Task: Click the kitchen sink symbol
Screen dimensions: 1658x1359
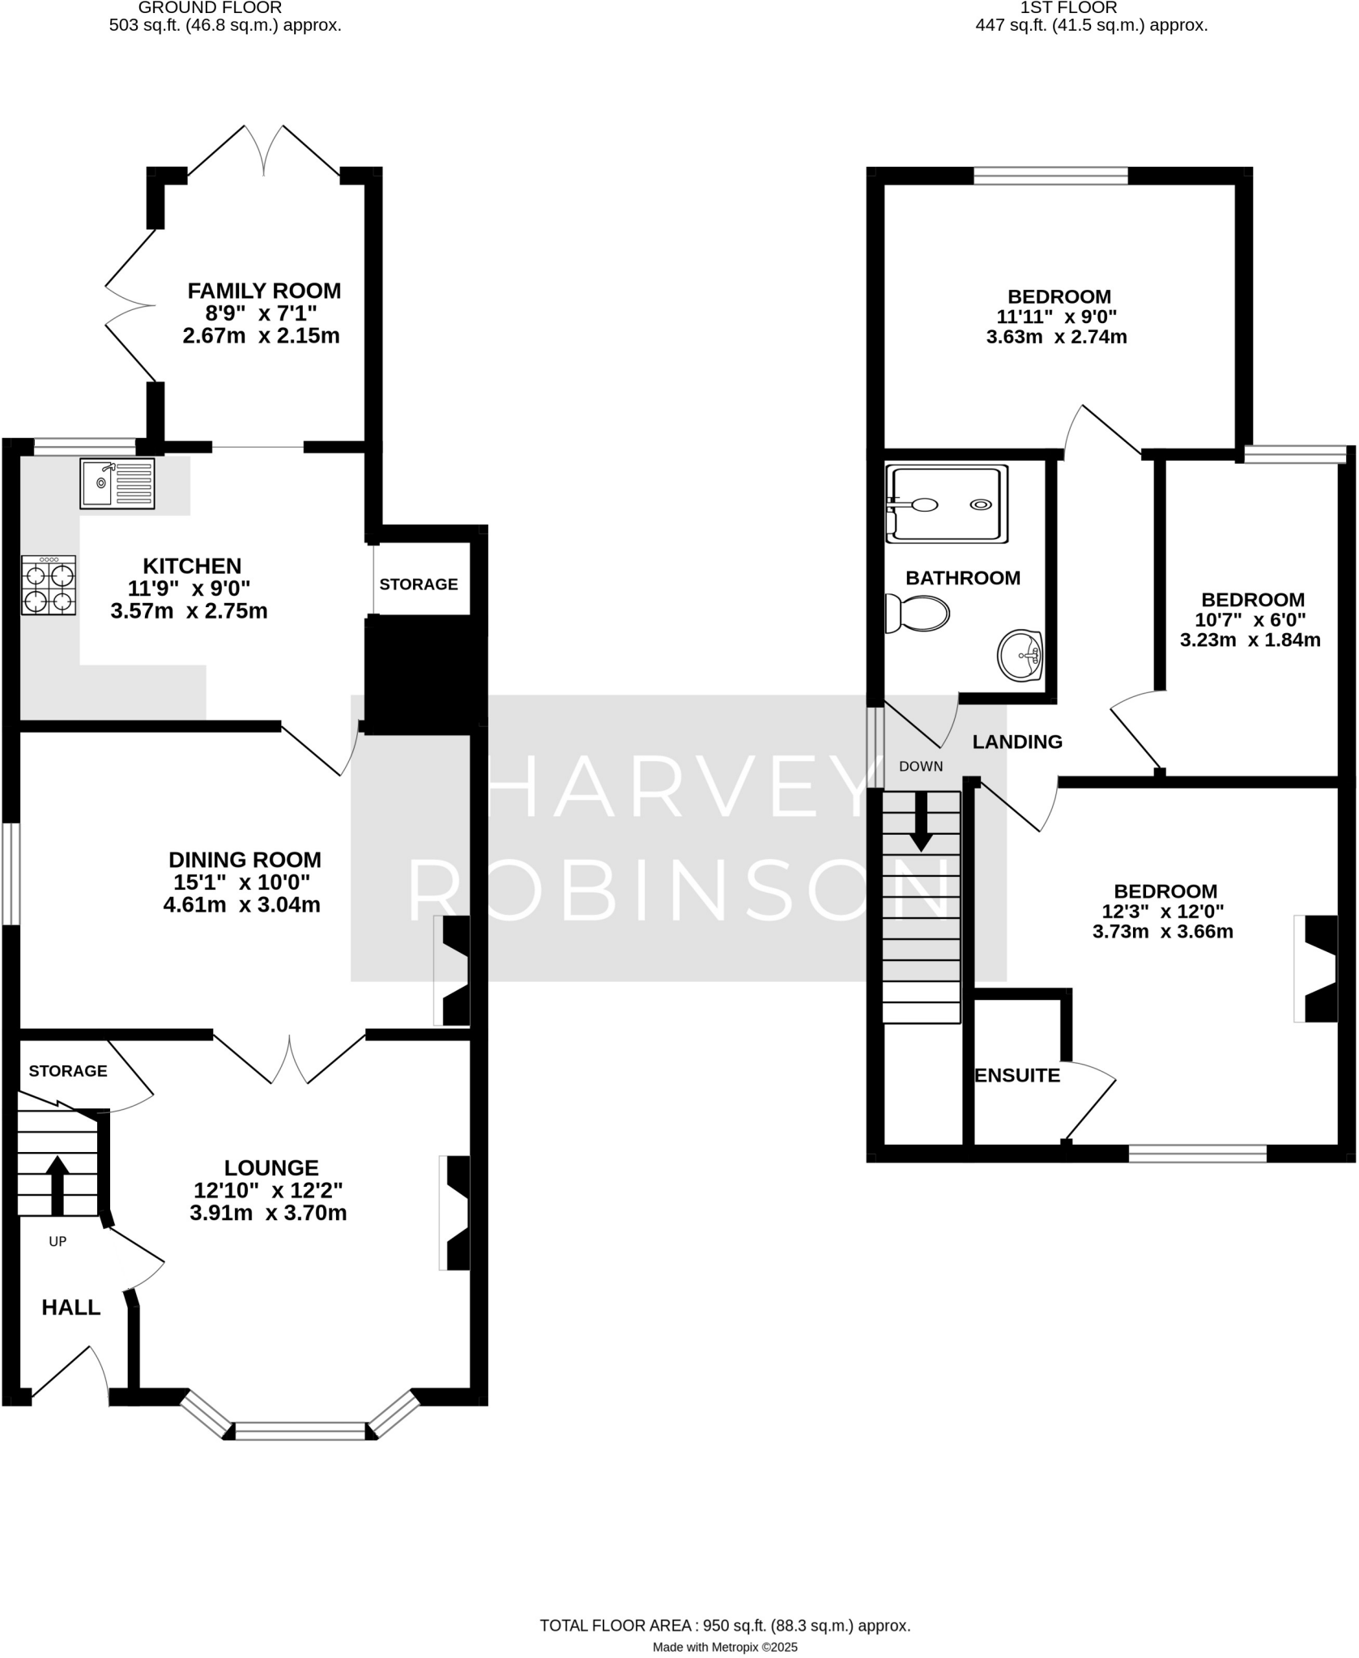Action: (x=117, y=483)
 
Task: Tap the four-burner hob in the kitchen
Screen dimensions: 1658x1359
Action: (x=49, y=585)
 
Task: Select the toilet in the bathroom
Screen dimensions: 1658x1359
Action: (x=918, y=614)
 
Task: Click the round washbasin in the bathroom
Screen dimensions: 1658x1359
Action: (x=1020, y=655)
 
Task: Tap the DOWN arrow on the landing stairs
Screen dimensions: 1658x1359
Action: (x=921, y=821)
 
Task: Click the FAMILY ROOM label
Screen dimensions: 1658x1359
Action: (x=264, y=291)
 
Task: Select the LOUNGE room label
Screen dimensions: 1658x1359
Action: (x=271, y=1167)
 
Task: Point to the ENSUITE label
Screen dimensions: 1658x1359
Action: (x=1016, y=1075)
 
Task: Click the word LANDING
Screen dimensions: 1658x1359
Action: (x=1017, y=742)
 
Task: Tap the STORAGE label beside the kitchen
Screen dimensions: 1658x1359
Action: (x=419, y=585)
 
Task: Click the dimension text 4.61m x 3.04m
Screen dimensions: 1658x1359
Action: (x=241, y=905)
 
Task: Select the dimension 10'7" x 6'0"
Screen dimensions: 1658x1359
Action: (x=1250, y=620)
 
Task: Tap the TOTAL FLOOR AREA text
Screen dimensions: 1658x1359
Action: (x=725, y=1602)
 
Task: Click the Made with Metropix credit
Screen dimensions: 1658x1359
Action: (x=725, y=1624)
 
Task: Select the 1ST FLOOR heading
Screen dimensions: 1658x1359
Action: (x=1068, y=8)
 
